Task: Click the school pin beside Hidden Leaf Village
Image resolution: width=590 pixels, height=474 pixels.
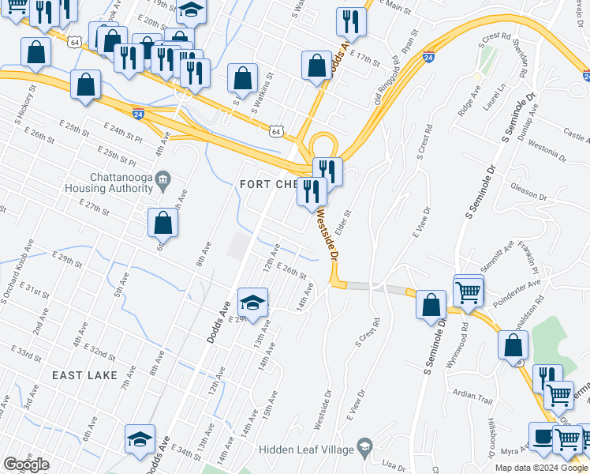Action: (x=364, y=448)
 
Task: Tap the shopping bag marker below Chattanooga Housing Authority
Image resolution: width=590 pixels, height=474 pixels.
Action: (x=162, y=224)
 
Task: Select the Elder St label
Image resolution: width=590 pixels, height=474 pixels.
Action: (x=344, y=220)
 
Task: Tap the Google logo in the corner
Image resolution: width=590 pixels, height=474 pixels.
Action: (x=27, y=464)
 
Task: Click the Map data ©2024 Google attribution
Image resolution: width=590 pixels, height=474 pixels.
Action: (x=541, y=468)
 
